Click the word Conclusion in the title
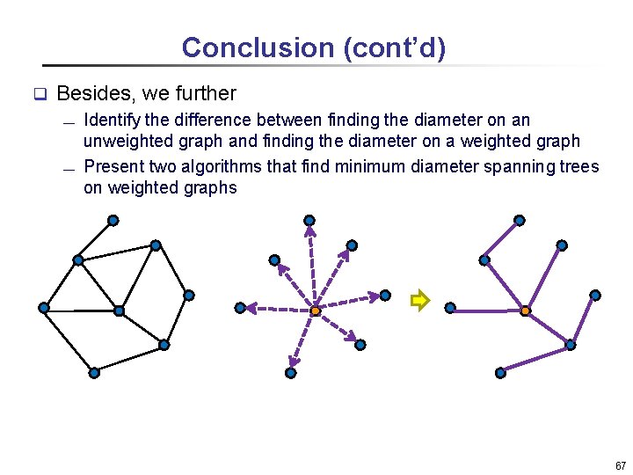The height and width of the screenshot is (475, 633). (x=230, y=47)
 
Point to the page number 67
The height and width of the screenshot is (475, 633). (x=621, y=465)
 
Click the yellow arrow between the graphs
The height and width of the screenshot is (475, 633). (x=419, y=301)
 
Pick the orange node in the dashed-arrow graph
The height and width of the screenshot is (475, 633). (x=316, y=311)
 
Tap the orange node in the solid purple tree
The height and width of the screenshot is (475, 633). (x=526, y=311)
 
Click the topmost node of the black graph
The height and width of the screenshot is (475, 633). (x=112, y=220)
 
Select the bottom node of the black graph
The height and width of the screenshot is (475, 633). (x=94, y=373)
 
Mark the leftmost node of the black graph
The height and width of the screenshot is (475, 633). (x=43, y=307)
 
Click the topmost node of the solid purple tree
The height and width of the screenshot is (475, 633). (x=520, y=220)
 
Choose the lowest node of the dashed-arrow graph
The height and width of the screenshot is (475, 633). (x=291, y=373)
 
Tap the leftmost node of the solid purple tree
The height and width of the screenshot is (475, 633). (x=450, y=308)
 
